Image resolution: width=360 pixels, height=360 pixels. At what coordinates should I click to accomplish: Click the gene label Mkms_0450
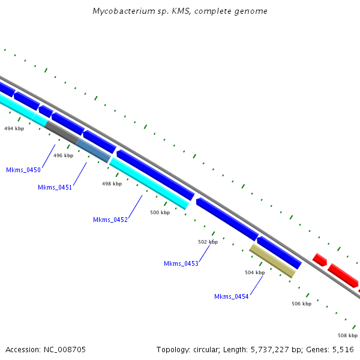pyautogui.click(x=23, y=170)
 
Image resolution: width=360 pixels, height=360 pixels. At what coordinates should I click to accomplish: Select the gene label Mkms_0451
pyautogui.click(x=55, y=187)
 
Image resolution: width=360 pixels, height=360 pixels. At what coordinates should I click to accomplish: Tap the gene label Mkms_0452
pyautogui.click(x=110, y=220)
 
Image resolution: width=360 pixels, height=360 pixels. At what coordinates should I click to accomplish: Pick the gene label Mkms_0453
pyautogui.click(x=181, y=263)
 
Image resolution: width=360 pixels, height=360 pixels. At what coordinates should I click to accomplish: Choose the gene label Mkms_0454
pyautogui.click(x=231, y=296)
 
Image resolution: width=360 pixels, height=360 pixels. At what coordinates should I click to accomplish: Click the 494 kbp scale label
pyautogui.click(x=14, y=128)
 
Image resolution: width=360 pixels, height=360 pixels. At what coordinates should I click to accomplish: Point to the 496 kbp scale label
pyautogui.click(x=63, y=155)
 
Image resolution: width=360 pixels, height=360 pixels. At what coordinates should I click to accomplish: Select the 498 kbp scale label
pyautogui.click(x=112, y=184)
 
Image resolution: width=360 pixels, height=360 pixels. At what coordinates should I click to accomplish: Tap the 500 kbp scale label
pyautogui.click(x=160, y=212)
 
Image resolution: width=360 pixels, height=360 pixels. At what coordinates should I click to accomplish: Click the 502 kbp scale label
pyautogui.click(x=208, y=242)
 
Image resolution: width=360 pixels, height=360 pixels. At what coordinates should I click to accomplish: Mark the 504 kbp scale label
pyautogui.click(x=254, y=272)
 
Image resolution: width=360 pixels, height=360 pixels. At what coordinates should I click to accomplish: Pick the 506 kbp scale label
pyautogui.click(x=301, y=304)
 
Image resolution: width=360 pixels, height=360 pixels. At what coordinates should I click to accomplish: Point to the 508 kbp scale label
pyautogui.click(x=347, y=335)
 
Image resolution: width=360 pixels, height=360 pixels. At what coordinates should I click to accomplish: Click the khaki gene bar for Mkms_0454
pyautogui.click(x=272, y=260)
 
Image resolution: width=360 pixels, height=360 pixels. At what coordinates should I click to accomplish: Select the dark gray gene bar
pyautogui.click(x=61, y=133)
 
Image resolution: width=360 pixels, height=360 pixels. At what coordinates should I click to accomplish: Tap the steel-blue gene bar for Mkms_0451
pyautogui.click(x=93, y=151)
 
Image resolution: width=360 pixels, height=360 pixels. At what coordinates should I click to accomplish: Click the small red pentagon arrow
pyautogui.click(x=320, y=260)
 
